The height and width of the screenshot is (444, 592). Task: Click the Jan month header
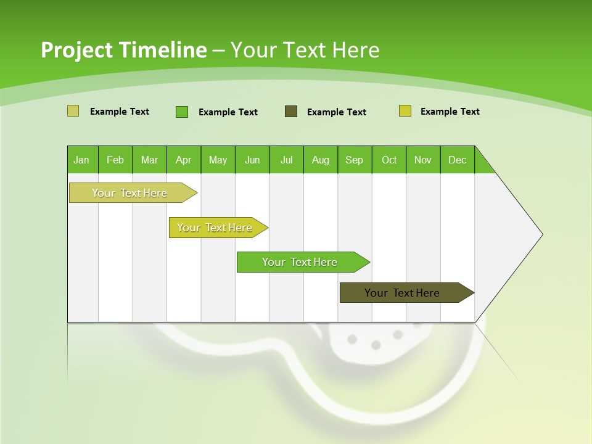pyautogui.click(x=82, y=160)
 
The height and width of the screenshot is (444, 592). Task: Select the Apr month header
pyautogui.click(x=183, y=160)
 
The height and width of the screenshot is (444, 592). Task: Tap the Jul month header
pyautogui.click(x=286, y=160)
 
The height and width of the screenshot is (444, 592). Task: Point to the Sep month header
pyautogui.click(x=354, y=160)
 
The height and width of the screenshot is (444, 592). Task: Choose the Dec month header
pyautogui.click(x=457, y=160)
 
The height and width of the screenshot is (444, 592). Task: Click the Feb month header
pyautogui.click(x=115, y=160)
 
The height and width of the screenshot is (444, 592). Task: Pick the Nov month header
pyautogui.click(x=423, y=160)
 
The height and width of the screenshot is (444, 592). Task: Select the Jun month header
pyautogui.click(x=252, y=160)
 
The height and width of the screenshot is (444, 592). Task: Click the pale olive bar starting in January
pyautogui.click(x=130, y=193)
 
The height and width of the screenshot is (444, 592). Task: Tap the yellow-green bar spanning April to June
pyautogui.click(x=215, y=228)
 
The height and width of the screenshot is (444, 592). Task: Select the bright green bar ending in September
pyautogui.click(x=300, y=262)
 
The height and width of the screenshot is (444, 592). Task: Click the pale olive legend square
pyautogui.click(x=73, y=111)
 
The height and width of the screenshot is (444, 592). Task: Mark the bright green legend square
pyautogui.click(x=182, y=112)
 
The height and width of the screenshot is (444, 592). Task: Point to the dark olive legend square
pyautogui.click(x=291, y=111)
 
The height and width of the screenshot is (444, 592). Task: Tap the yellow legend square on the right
pyautogui.click(x=405, y=111)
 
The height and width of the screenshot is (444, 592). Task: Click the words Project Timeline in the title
pyautogui.click(x=123, y=50)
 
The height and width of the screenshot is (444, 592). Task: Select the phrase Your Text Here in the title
pyautogui.click(x=305, y=50)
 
